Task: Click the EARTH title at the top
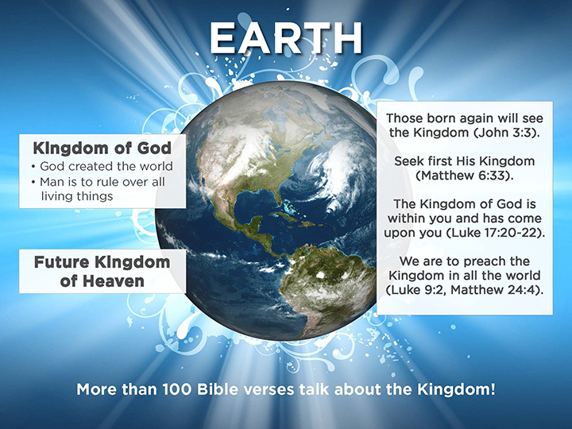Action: click(x=286, y=38)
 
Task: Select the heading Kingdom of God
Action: click(x=102, y=148)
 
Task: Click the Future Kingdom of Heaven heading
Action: click(x=102, y=272)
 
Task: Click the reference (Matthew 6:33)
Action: click(x=465, y=176)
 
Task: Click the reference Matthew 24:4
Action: click(x=493, y=290)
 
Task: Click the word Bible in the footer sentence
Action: click(x=218, y=389)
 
